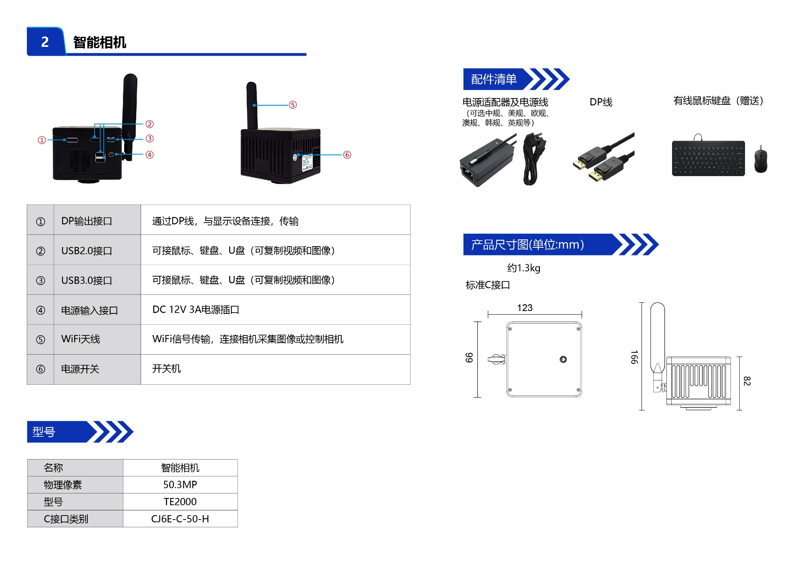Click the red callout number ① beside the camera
coord(42,140)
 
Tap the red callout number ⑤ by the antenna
coord(293,105)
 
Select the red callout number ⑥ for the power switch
coord(347,155)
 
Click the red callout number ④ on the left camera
coord(149,155)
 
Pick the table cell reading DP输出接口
coord(87,221)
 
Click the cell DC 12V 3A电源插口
coord(195,310)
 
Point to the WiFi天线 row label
coord(81,339)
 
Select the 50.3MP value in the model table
coord(180,485)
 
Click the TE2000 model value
coord(180,502)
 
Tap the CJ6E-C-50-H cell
coord(180,519)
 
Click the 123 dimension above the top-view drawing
coord(525,308)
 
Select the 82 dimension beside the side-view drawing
coord(747,381)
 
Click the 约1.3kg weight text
coord(523,268)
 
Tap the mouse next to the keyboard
coord(761,159)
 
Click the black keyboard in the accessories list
coord(708,159)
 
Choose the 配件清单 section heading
coord(494,79)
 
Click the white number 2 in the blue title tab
coord(45,42)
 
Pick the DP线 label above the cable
coord(601,102)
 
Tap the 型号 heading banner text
coord(44,432)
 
